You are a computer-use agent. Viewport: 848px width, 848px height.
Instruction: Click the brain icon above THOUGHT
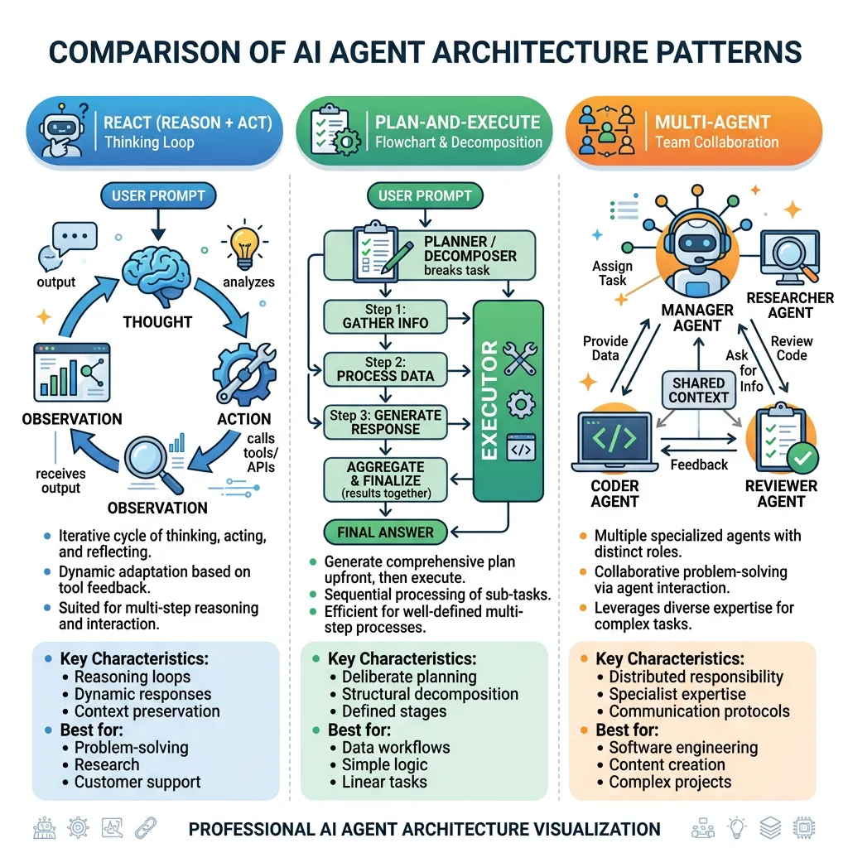(157, 278)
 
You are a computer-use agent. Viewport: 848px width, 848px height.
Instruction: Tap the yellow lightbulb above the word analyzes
(245, 243)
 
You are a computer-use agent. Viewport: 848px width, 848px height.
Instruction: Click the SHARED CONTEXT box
(699, 390)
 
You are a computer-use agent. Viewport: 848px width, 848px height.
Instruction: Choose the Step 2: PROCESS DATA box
(385, 369)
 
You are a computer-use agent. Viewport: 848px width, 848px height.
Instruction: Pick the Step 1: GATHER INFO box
(385, 316)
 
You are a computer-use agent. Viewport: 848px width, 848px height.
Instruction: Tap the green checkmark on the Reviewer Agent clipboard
(802, 455)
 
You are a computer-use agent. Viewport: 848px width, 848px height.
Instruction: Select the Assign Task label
(613, 273)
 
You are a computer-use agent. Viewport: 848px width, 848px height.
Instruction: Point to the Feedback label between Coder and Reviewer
(698, 465)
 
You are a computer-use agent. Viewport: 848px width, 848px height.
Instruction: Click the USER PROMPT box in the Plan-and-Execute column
(425, 196)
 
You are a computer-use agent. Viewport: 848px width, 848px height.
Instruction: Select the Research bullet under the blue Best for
(107, 764)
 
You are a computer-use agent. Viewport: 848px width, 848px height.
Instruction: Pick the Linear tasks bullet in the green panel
(384, 781)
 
